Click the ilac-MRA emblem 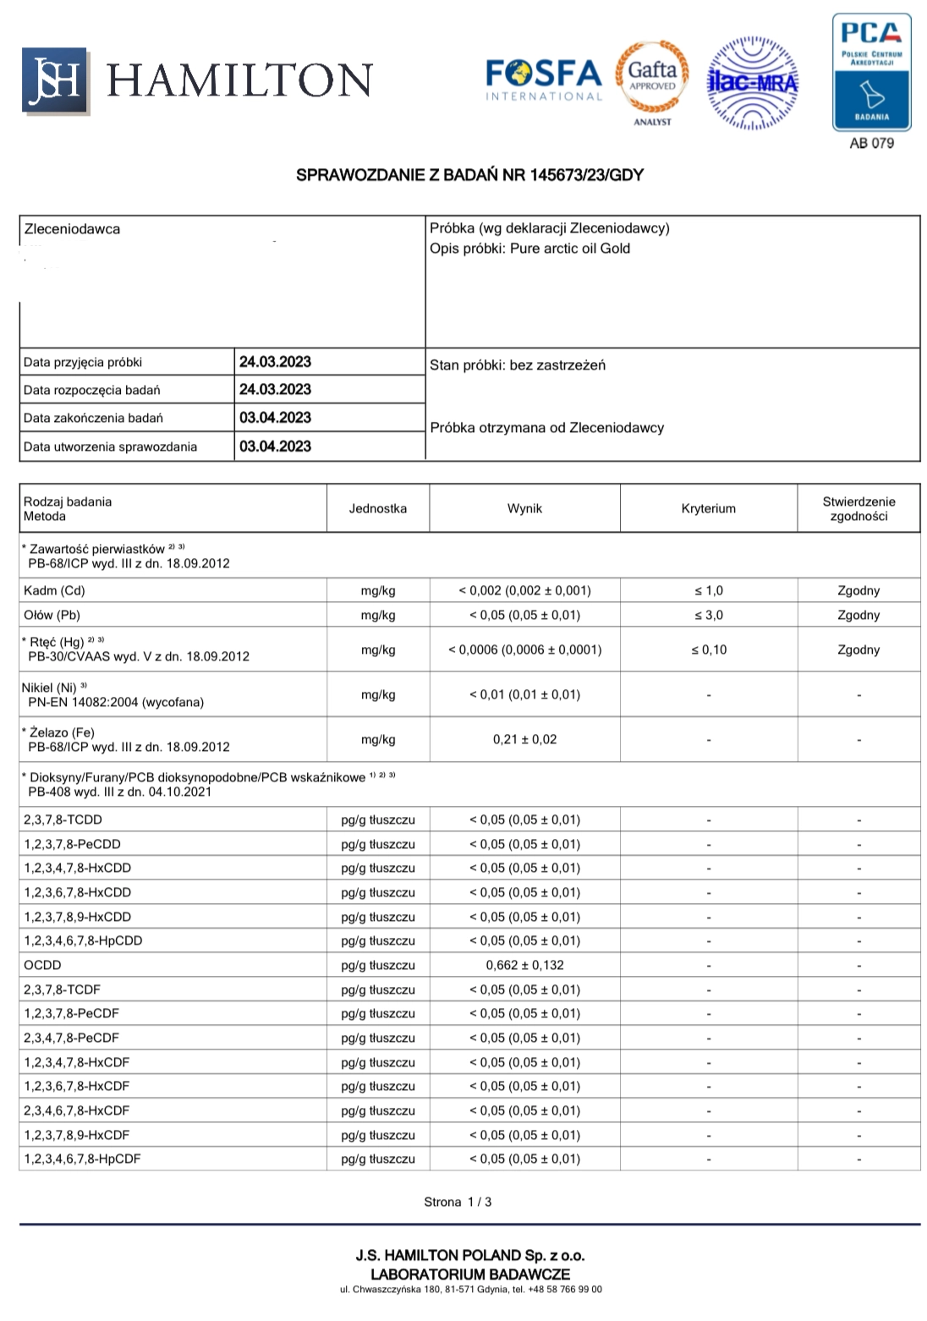click(752, 82)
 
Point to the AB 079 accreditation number click(871, 143)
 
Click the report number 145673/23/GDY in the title click(586, 175)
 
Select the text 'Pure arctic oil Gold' click(570, 249)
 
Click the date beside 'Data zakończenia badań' click(275, 418)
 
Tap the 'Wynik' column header click(524, 508)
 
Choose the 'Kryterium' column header click(708, 508)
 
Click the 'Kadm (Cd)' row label click(54, 590)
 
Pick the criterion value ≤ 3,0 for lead click(708, 615)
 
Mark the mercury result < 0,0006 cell click(524, 650)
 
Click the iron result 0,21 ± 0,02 click(524, 739)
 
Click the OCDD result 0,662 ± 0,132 click(524, 965)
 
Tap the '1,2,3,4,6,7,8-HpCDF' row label click(82, 1159)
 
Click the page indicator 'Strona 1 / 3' click(458, 1202)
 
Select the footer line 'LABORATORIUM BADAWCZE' click(470, 1274)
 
